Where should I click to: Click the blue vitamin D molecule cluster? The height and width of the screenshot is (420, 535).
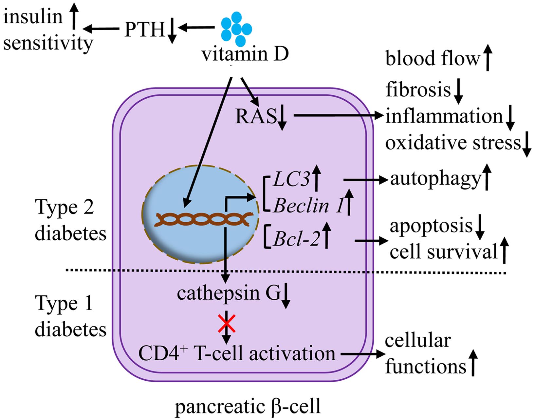tap(236, 29)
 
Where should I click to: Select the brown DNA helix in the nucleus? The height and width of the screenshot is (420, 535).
tap(205, 219)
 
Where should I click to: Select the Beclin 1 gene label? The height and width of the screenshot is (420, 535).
tap(306, 206)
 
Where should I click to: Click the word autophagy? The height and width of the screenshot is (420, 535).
tap(435, 179)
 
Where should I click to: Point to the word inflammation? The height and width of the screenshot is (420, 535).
tap(444, 116)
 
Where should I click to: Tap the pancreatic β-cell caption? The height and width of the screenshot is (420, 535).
tap(248, 407)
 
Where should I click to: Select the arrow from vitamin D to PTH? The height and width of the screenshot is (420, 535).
tap(196, 29)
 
